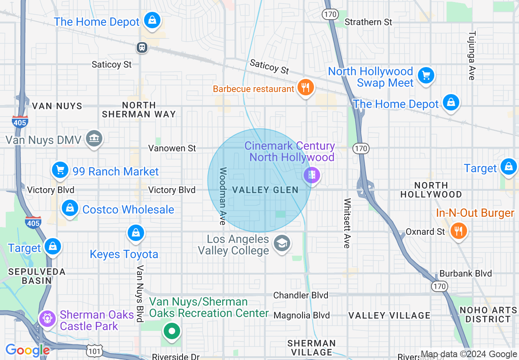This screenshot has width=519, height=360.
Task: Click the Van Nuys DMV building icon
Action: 94,139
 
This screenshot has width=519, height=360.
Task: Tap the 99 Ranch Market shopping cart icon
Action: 60,170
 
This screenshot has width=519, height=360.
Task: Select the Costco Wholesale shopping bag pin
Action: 70,209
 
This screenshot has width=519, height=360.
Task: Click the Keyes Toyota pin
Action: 135,233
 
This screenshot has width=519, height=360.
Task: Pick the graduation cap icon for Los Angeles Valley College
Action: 282,244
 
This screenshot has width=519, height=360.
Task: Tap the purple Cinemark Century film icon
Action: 312,176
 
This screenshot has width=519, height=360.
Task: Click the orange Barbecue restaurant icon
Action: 305,88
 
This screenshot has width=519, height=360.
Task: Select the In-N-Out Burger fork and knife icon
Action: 458,231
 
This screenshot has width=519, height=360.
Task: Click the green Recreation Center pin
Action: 172,331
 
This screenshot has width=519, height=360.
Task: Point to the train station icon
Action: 142,47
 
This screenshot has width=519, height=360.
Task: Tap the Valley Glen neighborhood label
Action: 265,190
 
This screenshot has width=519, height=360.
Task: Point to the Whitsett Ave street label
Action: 347,223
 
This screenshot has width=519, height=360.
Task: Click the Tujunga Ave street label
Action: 472,55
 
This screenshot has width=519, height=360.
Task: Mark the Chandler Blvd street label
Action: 300,295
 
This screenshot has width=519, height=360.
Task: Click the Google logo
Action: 27,350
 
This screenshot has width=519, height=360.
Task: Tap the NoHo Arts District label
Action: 487,315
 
